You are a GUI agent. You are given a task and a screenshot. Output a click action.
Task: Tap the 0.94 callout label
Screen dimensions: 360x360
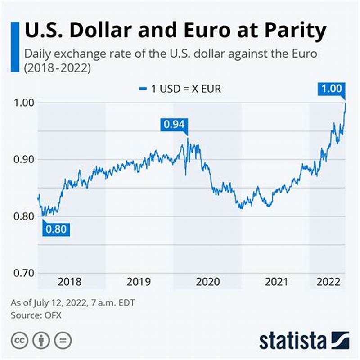(174, 124)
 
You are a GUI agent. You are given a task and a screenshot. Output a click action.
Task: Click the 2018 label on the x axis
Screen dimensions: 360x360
(70, 282)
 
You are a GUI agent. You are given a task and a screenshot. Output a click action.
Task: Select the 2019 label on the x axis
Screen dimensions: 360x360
(139, 282)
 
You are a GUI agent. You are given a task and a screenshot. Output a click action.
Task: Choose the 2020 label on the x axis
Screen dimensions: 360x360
(207, 282)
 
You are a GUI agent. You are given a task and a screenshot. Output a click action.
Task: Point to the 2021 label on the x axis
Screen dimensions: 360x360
(276, 282)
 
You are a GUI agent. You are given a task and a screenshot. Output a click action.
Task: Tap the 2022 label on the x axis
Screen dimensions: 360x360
(328, 282)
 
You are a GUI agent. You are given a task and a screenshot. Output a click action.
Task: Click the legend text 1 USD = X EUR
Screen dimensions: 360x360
(186, 89)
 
